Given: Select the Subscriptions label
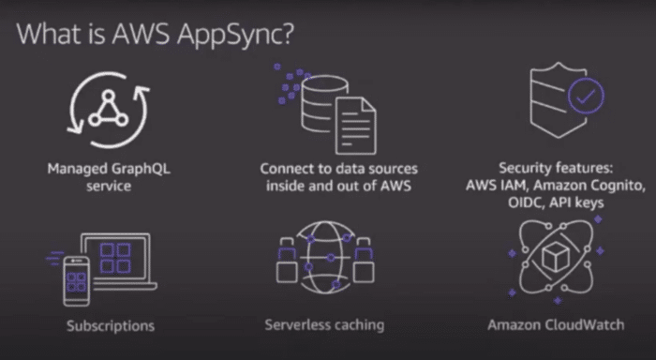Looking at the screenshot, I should (111, 326).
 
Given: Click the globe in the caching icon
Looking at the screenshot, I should (323, 257).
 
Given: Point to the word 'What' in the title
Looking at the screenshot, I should (49, 38).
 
